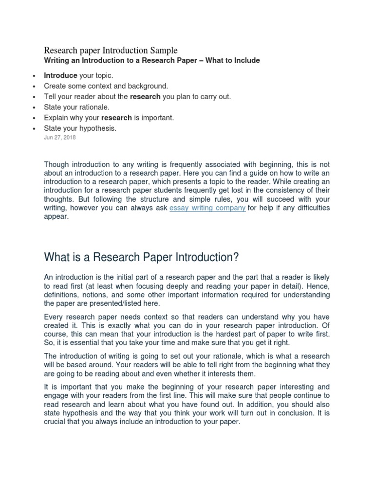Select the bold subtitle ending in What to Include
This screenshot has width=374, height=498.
[152, 61]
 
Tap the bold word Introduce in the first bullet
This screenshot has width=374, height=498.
[60, 75]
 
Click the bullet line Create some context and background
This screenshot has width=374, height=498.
[106, 86]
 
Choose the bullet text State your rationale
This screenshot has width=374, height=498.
[76, 107]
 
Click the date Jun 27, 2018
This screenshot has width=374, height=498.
[60, 138]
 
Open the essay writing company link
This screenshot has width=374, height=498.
[207, 208]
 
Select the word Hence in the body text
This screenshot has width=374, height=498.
[319, 286]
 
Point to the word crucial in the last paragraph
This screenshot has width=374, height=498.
[55, 422]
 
